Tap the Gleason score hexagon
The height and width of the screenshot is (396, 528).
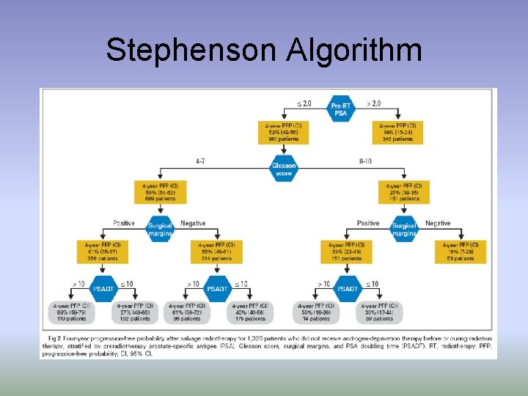[283, 169]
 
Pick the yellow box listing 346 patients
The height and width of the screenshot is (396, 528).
[398, 131]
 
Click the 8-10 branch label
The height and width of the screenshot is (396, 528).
[365, 160]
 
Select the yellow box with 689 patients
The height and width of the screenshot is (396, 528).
[160, 192]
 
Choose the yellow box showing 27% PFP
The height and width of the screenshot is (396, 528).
[404, 192]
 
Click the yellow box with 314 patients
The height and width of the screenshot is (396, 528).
[216, 252]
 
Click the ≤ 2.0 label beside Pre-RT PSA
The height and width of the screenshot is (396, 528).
[304, 103]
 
